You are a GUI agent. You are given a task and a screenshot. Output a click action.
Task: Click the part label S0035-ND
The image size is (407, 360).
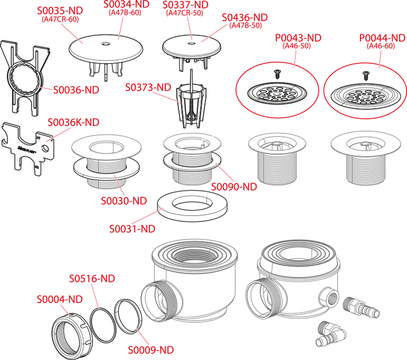[60, 11]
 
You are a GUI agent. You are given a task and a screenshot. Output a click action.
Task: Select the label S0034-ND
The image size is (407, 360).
[127, 4]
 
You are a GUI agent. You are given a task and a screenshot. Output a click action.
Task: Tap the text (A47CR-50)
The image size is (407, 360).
[185, 13]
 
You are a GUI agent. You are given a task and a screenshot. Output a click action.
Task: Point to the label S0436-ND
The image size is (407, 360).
[245, 18]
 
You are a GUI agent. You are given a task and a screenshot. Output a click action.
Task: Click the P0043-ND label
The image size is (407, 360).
[298, 38]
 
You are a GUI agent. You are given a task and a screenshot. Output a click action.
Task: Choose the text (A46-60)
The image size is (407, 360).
[381, 46]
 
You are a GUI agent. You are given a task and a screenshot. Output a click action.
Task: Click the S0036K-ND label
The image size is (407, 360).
[74, 122]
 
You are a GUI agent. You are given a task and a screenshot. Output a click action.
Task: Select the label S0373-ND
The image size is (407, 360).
[148, 88]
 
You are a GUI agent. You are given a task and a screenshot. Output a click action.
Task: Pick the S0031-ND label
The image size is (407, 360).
[132, 229]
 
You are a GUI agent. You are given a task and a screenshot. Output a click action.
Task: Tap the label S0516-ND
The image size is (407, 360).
[92, 279]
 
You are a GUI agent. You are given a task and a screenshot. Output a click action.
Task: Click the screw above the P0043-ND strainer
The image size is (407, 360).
[277, 74]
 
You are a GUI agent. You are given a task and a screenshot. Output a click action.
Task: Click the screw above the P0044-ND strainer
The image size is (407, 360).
[365, 76]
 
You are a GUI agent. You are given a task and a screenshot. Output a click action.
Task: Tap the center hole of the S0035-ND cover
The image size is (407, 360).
[105, 44]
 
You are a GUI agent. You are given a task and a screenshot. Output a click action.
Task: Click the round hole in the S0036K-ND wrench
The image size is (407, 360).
[45, 149]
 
